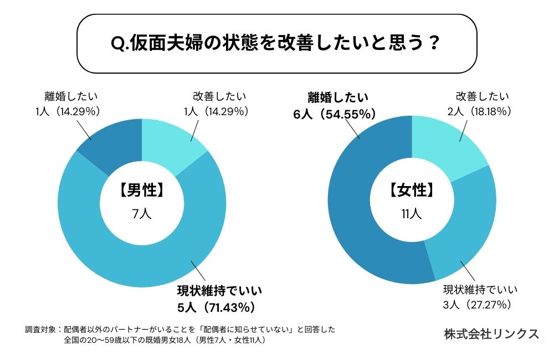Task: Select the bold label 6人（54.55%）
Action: click(x=335, y=114)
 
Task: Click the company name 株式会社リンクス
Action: click(x=491, y=334)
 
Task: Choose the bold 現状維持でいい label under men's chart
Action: click(x=219, y=290)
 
